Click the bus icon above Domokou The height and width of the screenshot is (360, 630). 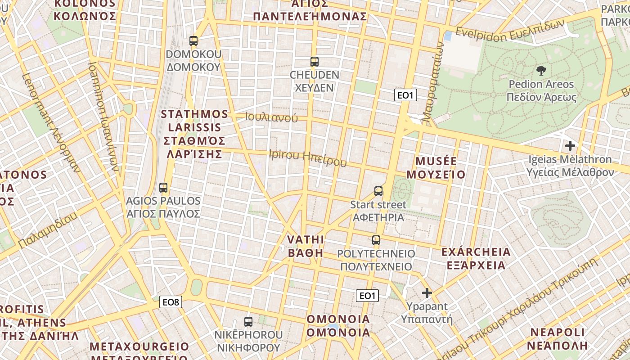[x=193, y=41]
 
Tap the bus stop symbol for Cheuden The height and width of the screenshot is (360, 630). [x=314, y=62]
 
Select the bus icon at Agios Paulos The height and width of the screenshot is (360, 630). [x=163, y=188]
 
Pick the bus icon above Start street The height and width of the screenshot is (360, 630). [x=378, y=191]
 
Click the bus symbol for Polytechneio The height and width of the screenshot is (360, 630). [x=376, y=240]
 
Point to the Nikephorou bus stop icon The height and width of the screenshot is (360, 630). [x=248, y=321]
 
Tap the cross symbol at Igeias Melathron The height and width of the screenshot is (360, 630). [x=570, y=146]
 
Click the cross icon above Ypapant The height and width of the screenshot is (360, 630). [x=427, y=293]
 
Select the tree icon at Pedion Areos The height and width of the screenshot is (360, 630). [x=541, y=70]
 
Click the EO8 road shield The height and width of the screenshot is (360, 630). [x=171, y=302]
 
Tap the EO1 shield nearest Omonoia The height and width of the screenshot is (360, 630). [x=367, y=296]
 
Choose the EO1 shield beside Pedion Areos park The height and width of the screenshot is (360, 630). [x=405, y=95]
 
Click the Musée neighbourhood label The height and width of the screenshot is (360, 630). [x=436, y=168]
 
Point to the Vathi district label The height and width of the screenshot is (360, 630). [x=306, y=246]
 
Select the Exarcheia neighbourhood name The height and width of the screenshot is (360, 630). [x=476, y=258]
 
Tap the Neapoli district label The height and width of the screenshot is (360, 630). [x=558, y=339]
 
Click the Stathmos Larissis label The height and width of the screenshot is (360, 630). [x=194, y=134]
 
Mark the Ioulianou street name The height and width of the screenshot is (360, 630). [x=271, y=117]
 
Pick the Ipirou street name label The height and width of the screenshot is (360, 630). [x=308, y=157]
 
